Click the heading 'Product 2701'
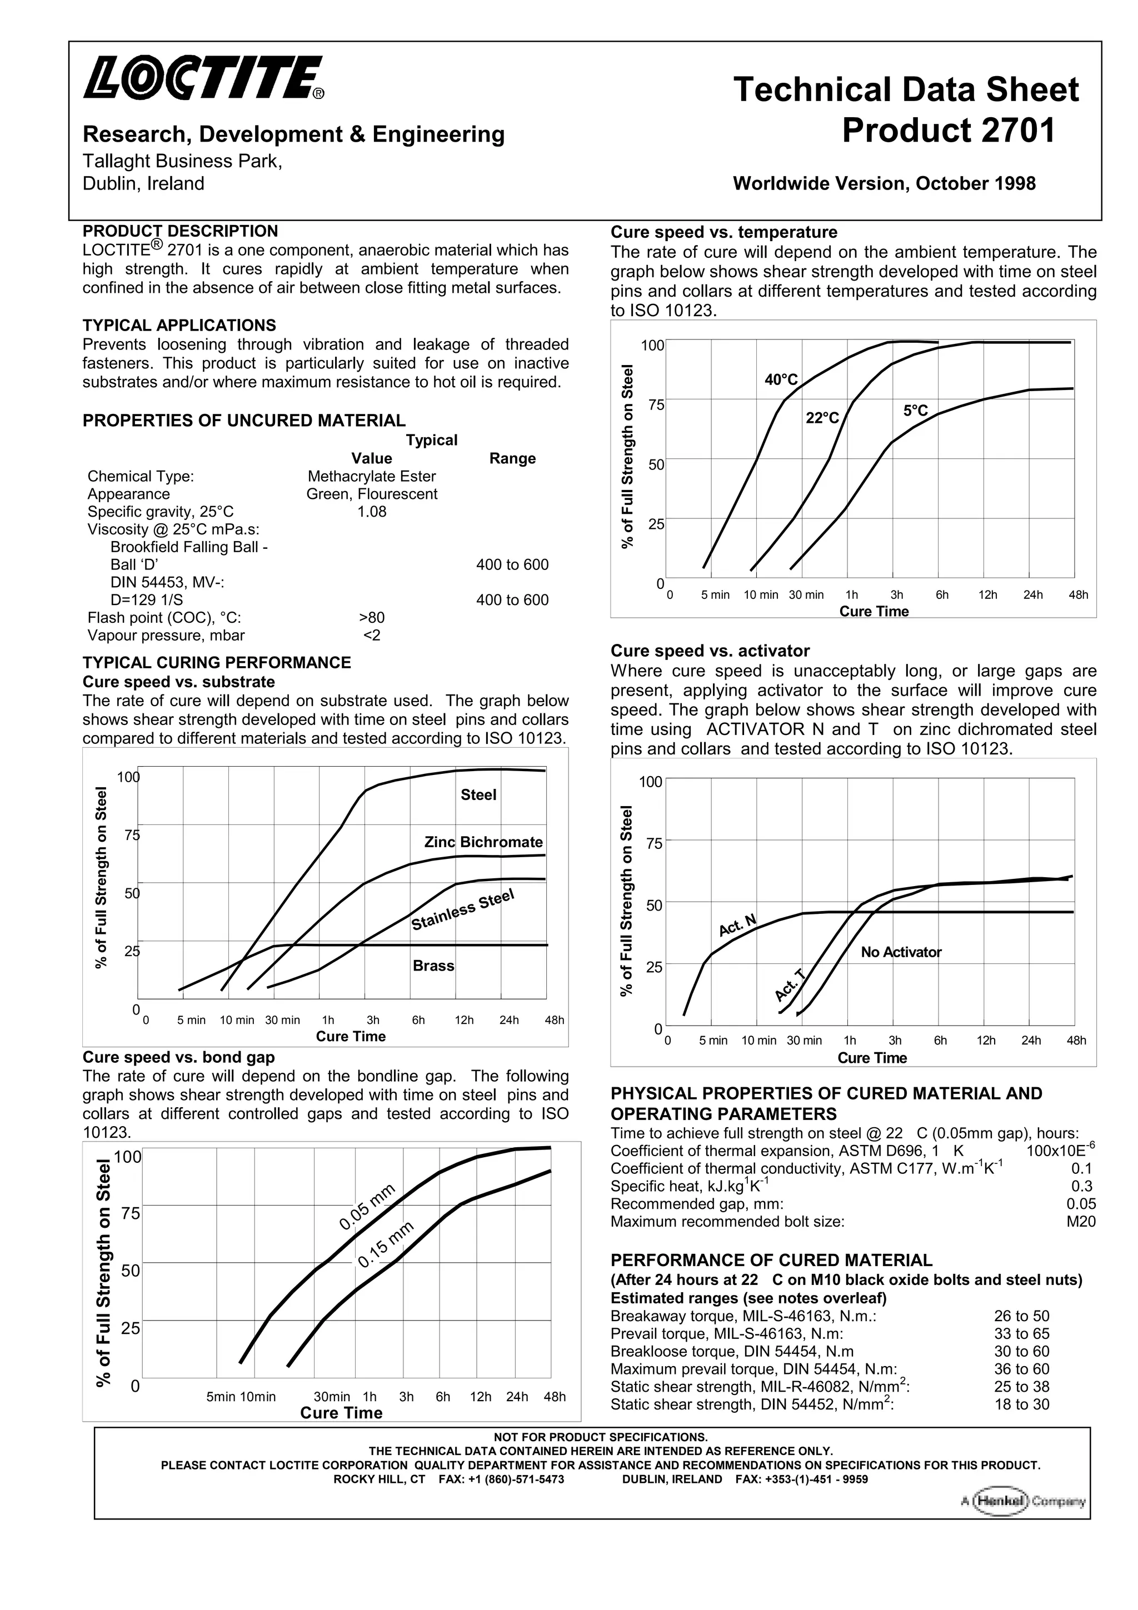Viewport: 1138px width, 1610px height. click(948, 131)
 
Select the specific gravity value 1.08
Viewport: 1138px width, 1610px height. click(372, 512)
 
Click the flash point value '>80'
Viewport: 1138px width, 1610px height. click(372, 618)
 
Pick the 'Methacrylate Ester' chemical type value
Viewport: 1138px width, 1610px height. click(372, 477)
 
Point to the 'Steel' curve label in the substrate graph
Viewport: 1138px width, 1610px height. click(478, 794)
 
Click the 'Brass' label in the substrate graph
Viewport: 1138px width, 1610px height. click(433, 966)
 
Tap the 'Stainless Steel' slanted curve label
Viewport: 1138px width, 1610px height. click(463, 909)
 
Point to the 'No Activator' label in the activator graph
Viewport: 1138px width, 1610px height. click(901, 952)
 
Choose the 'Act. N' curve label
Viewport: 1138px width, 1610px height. click(737, 926)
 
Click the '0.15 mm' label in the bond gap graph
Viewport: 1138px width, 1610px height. click(386, 1244)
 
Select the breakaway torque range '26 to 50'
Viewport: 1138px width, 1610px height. click(1021, 1316)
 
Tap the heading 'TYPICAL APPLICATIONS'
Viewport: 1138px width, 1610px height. click(179, 326)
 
